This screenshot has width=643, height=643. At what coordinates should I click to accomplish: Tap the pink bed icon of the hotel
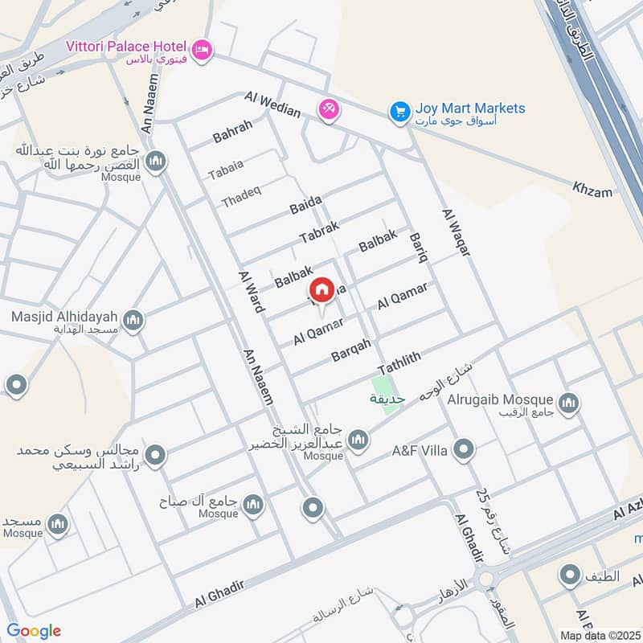point(203,49)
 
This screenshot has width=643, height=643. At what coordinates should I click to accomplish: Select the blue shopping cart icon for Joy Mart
point(399,113)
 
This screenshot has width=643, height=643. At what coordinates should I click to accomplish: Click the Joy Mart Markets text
point(470,109)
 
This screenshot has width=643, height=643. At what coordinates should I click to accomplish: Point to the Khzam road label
point(592,191)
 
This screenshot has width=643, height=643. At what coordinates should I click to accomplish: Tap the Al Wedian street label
point(273,105)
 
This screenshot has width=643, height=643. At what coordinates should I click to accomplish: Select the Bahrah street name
point(232,131)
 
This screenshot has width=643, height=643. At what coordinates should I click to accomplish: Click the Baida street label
point(305,204)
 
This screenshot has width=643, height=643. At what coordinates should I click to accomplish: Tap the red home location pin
point(322,291)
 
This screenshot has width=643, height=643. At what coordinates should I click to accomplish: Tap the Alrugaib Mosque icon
point(568,403)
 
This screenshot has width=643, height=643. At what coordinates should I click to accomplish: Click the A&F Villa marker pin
point(463,450)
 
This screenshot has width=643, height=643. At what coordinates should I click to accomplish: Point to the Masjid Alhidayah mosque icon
point(133,321)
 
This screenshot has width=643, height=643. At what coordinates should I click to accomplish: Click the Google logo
point(34,630)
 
